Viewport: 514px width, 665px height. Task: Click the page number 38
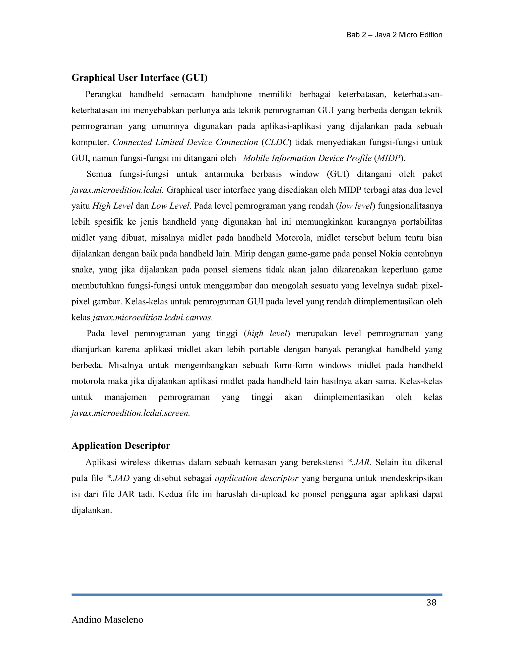click(x=431, y=603)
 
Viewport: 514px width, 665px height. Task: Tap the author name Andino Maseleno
click(x=107, y=620)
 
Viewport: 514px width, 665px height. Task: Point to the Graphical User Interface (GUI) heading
click(x=140, y=78)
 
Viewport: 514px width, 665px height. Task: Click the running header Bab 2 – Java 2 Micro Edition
click(x=394, y=35)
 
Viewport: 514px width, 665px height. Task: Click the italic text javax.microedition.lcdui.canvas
click(x=153, y=318)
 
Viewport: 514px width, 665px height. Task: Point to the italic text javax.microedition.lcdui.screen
click(x=131, y=413)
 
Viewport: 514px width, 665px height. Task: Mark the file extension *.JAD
click(x=118, y=478)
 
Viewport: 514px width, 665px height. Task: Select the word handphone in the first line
click(x=231, y=94)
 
